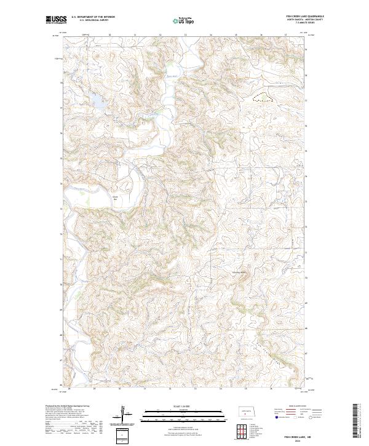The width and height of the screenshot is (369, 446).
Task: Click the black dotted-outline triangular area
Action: pos(263,97)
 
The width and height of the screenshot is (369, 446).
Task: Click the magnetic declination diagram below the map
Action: pos(123,413)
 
